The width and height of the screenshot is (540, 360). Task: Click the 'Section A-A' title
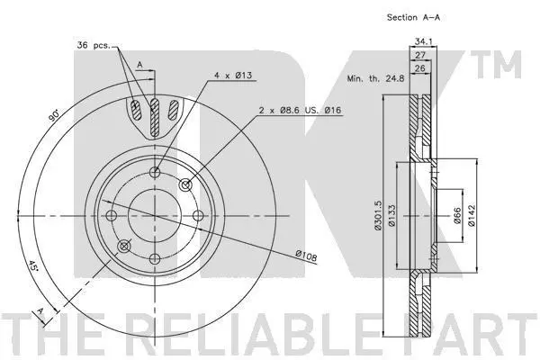(413, 17)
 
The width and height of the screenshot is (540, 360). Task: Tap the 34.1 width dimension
(423, 41)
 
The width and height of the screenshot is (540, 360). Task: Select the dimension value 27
(420, 55)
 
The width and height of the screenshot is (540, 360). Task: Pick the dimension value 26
(420, 68)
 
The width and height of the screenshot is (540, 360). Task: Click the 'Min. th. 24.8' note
(375, 78)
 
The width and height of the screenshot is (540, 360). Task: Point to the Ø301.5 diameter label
(378, 216)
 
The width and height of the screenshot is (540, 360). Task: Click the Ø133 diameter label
(391, 216)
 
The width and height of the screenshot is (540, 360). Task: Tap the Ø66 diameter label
(457, 216)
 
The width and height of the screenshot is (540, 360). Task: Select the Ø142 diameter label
(471, 216)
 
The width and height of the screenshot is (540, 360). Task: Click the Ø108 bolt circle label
(306, 256)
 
